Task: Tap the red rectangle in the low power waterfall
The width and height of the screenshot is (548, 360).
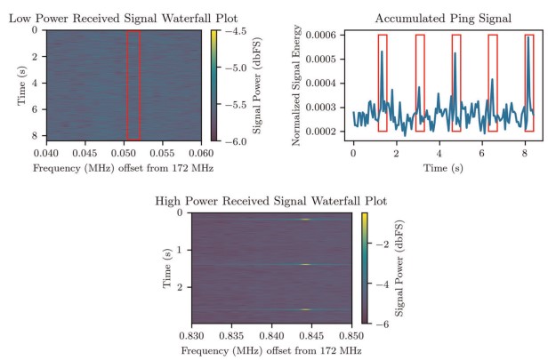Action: pyautogui.click(x=133, y=84)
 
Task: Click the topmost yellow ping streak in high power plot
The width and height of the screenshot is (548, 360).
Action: pyautogui.click(x=305, y=220)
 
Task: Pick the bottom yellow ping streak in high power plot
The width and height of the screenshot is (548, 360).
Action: pyautogui.click(x=305, y=309)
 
